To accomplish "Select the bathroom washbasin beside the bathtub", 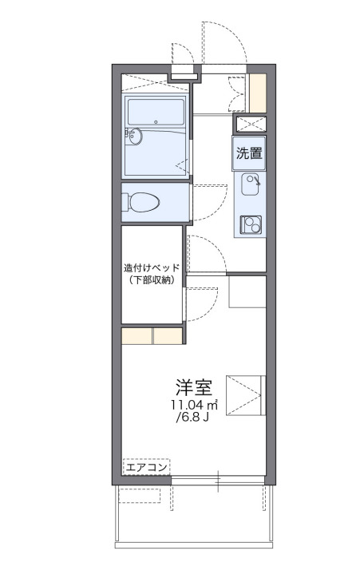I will pyautogui.click(x=133, y=137).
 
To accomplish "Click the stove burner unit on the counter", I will pyautogui.click(x=250, y=224).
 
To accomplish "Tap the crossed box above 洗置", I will pyautogui.click(x=249, y=124).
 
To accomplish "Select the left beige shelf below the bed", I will pyautogui.click(x=136, y=335).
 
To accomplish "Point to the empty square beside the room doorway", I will pyautogui.click(x=247, y=291).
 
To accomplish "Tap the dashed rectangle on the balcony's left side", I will pyautogui.click(x=140, y=496).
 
